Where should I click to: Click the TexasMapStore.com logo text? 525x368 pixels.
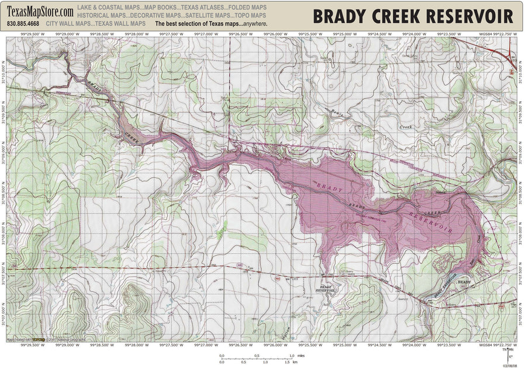pos(40,12)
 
